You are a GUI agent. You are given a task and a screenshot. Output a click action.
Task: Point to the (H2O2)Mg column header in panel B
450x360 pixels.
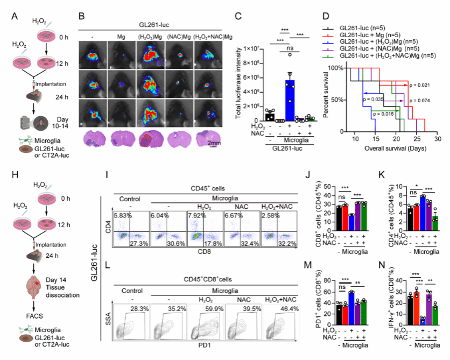click(x=151, y=36)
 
